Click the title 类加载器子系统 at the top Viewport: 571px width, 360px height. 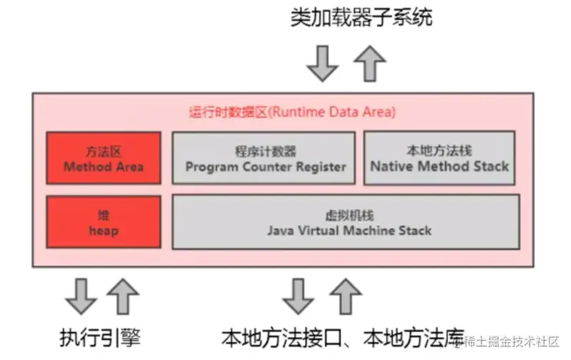coord(361,17)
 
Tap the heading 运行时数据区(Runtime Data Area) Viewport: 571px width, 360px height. coord(292,112)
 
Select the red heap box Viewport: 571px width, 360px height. coord(103,223)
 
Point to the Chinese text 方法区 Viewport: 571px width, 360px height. coord(103,152)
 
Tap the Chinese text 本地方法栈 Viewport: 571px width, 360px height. coord(439,151)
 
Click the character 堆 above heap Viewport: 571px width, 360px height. coord(103,215)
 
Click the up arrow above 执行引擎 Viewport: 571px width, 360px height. coord(124,295)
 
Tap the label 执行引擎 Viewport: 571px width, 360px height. coord(102,336)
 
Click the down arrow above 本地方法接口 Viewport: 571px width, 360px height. coord(298,295)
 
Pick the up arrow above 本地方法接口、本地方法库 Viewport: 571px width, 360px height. coord(346,295)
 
